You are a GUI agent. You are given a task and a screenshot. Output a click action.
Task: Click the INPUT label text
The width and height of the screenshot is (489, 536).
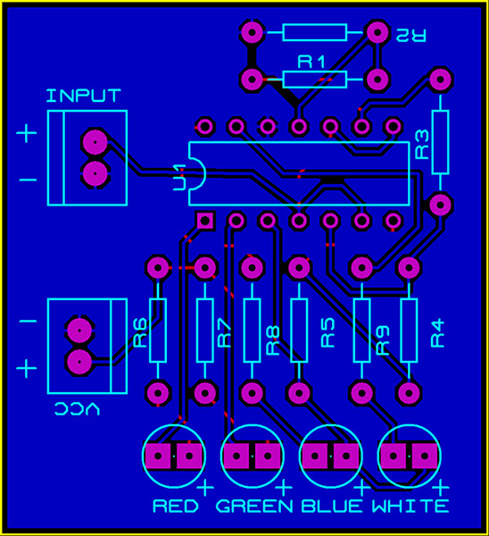tap(84, 96)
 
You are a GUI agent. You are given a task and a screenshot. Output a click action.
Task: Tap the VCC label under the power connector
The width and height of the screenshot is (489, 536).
tap(77, 408)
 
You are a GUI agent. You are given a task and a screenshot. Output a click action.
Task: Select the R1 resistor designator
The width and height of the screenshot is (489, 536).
tap(311, 63)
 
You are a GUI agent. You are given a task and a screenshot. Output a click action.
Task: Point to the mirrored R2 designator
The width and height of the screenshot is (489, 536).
tap(410, 35)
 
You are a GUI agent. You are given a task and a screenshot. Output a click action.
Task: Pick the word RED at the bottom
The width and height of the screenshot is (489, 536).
tap(176, 506)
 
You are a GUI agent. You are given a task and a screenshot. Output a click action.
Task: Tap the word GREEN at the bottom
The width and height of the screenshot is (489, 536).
tap(254, 506)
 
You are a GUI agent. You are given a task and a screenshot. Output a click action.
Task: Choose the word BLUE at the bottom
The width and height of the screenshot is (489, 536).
tap(332, 506)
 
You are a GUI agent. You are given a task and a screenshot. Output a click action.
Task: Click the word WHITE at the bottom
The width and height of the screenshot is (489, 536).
tap(410, 506)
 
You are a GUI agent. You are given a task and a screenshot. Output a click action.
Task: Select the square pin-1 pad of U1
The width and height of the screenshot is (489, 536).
tap(205, 221)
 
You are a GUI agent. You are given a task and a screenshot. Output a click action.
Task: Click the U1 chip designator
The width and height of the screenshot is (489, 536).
tap(179, 178)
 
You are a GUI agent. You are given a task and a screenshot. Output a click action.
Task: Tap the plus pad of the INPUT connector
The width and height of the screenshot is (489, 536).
tap(95, 142)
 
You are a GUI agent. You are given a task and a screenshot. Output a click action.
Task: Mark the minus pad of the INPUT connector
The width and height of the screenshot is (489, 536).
tap(95, 173)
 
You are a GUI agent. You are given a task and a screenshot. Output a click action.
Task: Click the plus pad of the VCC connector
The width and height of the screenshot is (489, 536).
tap(79, 362)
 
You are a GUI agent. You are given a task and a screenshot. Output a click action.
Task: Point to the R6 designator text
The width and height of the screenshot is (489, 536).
tap(140, 333)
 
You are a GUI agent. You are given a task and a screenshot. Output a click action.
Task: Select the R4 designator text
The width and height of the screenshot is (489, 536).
tap(438, 333)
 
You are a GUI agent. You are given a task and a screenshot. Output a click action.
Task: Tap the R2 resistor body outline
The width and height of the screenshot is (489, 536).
tap(314, 25)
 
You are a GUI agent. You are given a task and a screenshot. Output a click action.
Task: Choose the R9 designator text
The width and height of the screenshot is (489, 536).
tap(383, 339)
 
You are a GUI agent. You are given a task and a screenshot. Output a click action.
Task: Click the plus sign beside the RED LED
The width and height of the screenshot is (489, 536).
tap(205, 488)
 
